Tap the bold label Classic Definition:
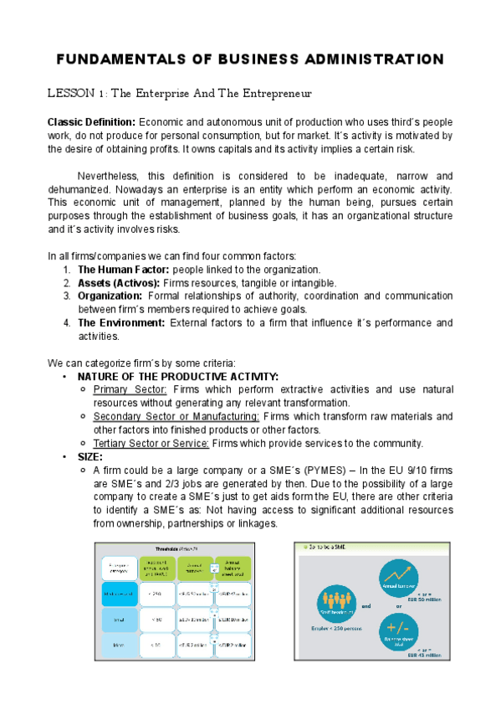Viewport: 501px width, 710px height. pos(91,122)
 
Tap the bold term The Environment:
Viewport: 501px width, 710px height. pos(120,323)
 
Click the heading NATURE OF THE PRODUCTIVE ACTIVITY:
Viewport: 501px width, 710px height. pos(177,377)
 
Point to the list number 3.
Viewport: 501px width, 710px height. pos(67,296)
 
